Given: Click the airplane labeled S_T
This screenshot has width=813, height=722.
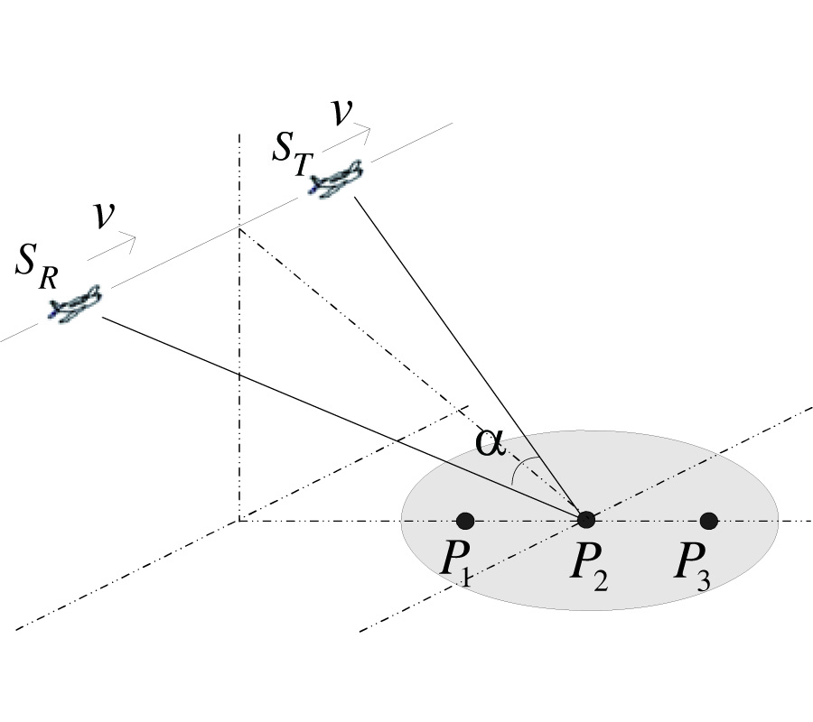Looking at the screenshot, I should click(335, 178).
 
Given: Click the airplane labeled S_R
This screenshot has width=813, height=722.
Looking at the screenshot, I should click(75, 303).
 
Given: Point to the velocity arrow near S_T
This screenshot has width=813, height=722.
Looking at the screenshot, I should click(347, 138).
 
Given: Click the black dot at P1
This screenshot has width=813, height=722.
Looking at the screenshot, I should click(465, 520).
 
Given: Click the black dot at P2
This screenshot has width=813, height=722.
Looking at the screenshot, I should click(586, 519).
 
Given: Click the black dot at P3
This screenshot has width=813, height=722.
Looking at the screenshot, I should click(708, 520).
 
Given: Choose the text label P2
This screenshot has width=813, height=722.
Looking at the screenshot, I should click(587, 565).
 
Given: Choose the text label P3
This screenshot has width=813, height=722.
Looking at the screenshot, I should click(694, 565).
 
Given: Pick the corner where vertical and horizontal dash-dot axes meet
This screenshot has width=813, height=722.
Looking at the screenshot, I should click(238, 521).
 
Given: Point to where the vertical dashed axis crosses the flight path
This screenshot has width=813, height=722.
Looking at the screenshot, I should click(238, 228).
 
